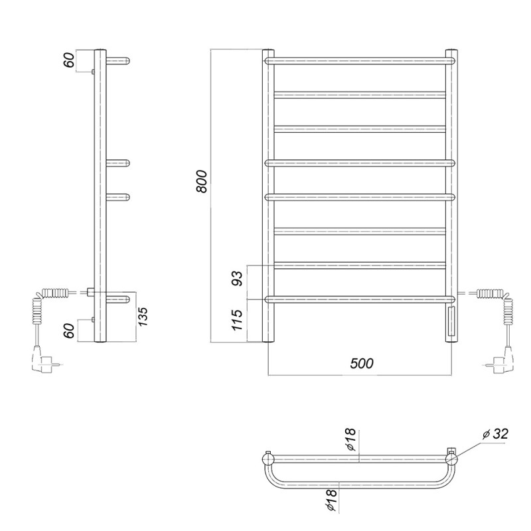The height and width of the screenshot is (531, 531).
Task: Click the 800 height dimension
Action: [202, 181]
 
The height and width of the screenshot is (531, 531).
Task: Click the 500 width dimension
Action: [362, 363]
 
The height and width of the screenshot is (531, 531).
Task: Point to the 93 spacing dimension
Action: [238, 278]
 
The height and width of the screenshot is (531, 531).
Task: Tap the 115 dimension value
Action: [238, 320]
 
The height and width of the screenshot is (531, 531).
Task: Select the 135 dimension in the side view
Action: [143, 317]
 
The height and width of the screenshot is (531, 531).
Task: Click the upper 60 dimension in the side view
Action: [69, 60]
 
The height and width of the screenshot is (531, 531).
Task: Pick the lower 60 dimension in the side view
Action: [69, 331]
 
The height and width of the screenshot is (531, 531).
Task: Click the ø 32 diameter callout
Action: [495, 434]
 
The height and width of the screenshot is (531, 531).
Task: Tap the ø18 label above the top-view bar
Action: [351, 439]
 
